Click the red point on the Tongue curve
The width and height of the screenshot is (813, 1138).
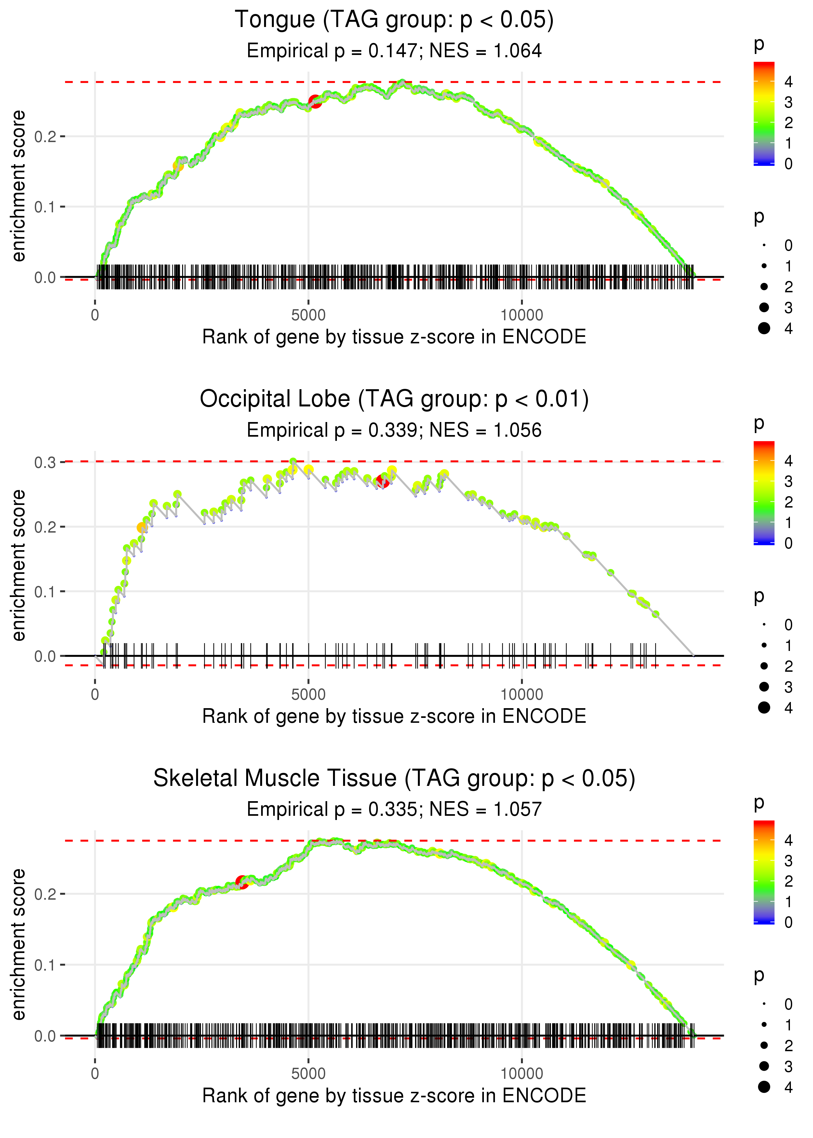(x=315, y=101)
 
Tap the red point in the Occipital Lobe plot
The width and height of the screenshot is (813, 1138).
(x=383, y=482)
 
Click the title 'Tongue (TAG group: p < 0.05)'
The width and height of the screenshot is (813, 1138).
(x=394, y=20)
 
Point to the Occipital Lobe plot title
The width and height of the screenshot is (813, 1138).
(x=394, y=399)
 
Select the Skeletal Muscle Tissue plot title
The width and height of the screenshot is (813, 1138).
(x=394, y=778)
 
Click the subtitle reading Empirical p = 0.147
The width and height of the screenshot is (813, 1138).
(x=394, y=51)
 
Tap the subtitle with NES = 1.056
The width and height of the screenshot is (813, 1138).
(x=394, y=430)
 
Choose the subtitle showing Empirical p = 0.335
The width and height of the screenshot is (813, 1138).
(x=394, y=809)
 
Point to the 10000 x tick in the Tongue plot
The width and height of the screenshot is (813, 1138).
(x=522, y=315)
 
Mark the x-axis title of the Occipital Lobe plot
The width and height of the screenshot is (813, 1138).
(x=394, y=716)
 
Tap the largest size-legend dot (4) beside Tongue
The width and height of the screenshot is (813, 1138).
(x=764, y=328)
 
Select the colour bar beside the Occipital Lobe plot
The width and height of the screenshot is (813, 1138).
(x=764, y=493)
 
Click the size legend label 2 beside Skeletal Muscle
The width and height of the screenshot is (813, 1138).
(x=789, y=1045)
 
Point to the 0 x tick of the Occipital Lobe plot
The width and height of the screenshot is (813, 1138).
(x=95, y=695)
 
